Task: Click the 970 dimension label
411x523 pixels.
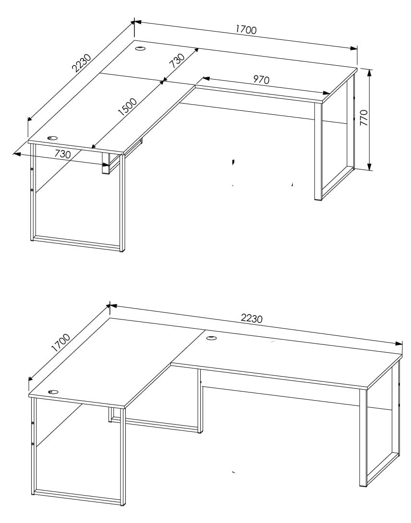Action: pos(261,80)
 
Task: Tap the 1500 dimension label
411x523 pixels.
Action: pos(128,107)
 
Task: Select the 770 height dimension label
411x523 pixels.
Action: pos(364,118)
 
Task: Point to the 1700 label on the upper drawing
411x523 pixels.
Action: pos(246,30)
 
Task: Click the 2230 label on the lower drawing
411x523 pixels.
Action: pos(252,319)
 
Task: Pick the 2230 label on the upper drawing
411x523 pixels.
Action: pos(82,63)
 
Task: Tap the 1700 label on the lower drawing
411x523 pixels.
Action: pos(61,343)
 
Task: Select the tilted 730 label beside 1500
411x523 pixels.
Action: pos(177,61)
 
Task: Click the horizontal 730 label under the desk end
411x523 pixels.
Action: pos(63,154)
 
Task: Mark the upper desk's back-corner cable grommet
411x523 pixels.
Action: pos(140,48)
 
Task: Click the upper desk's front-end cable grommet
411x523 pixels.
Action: pos(52,138)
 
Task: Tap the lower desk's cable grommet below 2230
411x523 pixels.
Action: pos(211,338)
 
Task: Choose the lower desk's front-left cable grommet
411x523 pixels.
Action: pos(53,392)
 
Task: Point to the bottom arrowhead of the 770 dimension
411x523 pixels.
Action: pos(369,167)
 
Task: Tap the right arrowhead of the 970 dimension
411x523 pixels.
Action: pos(326,93)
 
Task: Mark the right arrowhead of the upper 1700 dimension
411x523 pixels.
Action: pos(354,48)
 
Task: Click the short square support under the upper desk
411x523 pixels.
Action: pos(106,164)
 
